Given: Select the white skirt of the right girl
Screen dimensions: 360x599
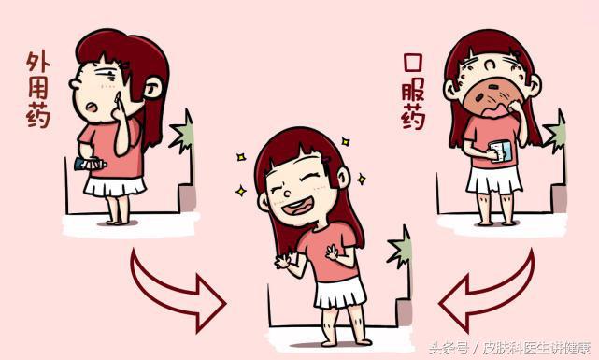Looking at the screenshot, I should coord(494,179).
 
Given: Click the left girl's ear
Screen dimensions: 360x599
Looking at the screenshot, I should coord(150,88).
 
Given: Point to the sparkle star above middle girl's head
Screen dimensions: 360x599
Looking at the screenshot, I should coord(345,141).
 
